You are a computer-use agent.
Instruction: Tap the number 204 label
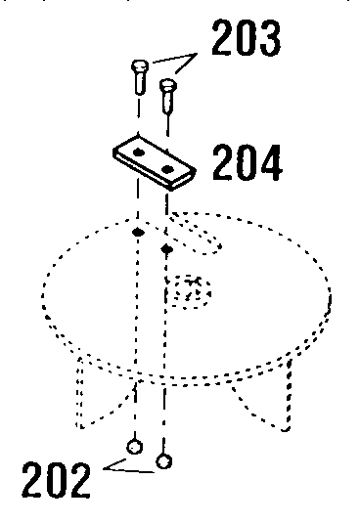[x=247, y=162]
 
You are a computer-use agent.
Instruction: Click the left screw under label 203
[x=137, y=80]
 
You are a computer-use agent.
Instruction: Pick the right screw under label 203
[x=167, y=98]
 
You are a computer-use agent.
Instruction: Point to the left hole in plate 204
[x=140, y=153]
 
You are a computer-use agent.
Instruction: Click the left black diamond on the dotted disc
[x=138, y=235]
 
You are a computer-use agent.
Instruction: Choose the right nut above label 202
[x=165, y=458]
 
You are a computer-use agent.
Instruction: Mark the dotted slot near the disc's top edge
[x=201, y=231]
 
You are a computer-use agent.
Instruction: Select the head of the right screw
[x=167, y=86]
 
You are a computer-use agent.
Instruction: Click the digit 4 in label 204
[x=268, y=162]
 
